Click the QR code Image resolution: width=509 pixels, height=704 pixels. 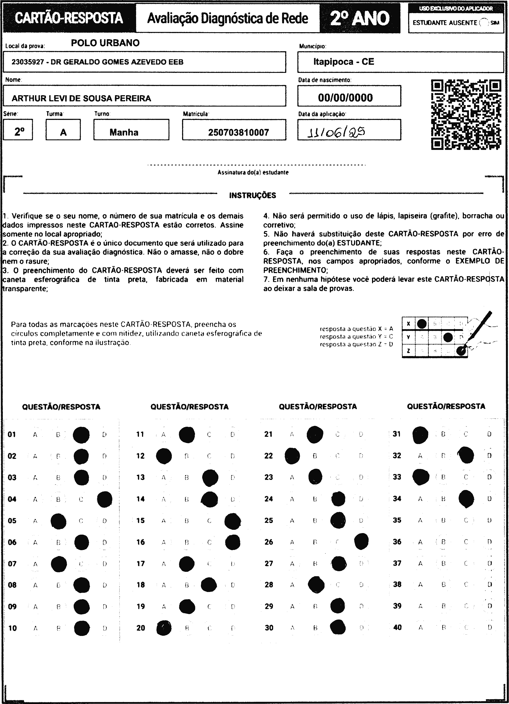(466, 114)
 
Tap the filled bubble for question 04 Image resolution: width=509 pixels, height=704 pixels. (105, 499)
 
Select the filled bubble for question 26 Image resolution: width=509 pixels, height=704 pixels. (361, 542)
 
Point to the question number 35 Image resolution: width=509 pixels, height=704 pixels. (397, 520)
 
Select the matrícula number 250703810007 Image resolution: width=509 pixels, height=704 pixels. (238, 133)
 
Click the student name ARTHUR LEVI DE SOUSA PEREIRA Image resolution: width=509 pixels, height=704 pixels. (81, 98)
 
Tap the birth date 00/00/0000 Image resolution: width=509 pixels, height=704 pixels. (345, 98)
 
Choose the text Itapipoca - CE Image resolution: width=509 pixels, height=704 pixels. (344, 62)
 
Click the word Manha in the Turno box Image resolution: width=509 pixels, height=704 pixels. (124, 133)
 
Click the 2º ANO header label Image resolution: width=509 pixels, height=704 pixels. (360, 19)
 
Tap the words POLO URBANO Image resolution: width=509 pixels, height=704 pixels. (105, 43)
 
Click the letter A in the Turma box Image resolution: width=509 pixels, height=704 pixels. (63, 133)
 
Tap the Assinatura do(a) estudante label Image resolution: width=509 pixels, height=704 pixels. (253, 173)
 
